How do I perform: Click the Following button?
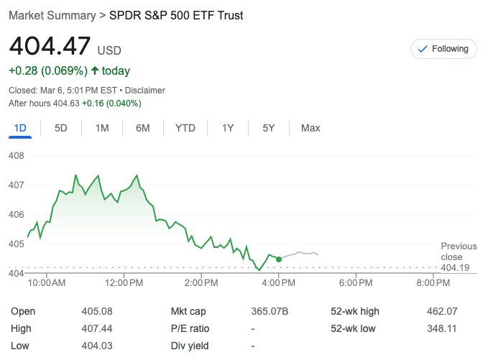443,49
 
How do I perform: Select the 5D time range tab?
61,128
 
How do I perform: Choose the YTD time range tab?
185,128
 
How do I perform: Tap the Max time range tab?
310,128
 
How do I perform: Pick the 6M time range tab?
143,128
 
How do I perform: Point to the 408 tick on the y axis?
17,155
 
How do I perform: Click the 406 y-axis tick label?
17,214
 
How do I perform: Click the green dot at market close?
279,259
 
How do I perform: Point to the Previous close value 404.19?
454,267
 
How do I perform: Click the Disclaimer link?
147,91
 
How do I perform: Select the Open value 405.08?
97,311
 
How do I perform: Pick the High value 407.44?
97,328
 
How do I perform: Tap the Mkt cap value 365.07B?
270,311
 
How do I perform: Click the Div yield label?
190,346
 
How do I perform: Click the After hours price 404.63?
65,103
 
